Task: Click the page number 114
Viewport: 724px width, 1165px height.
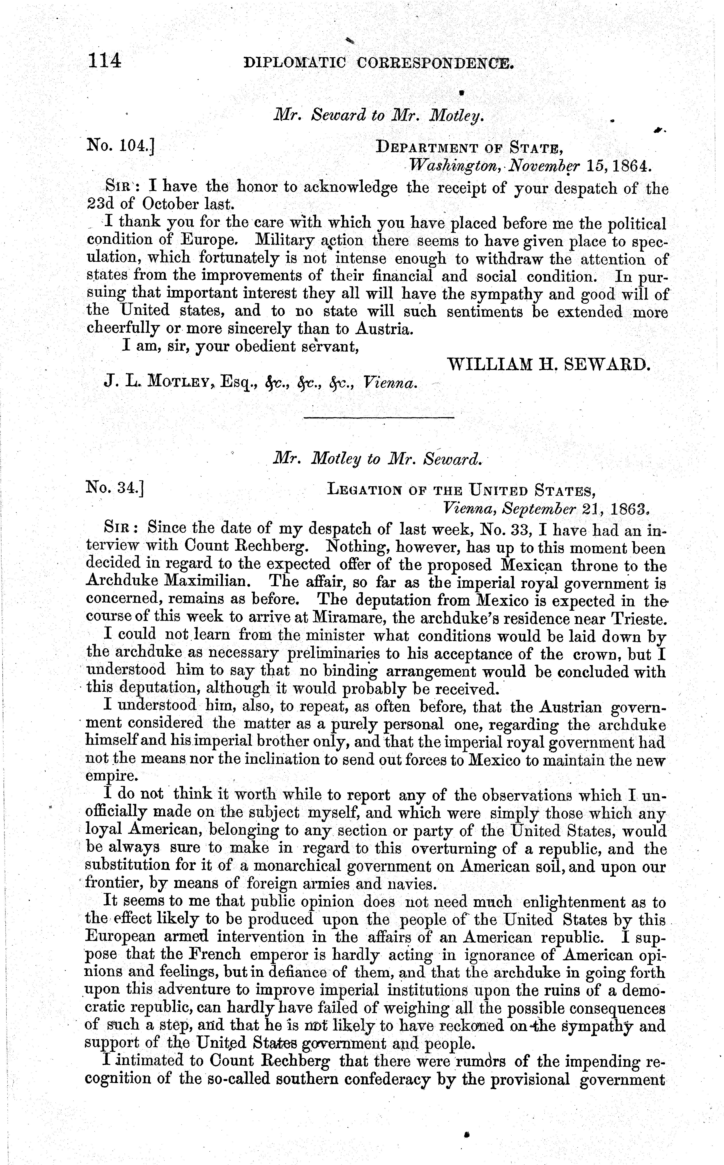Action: click(104, 61)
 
